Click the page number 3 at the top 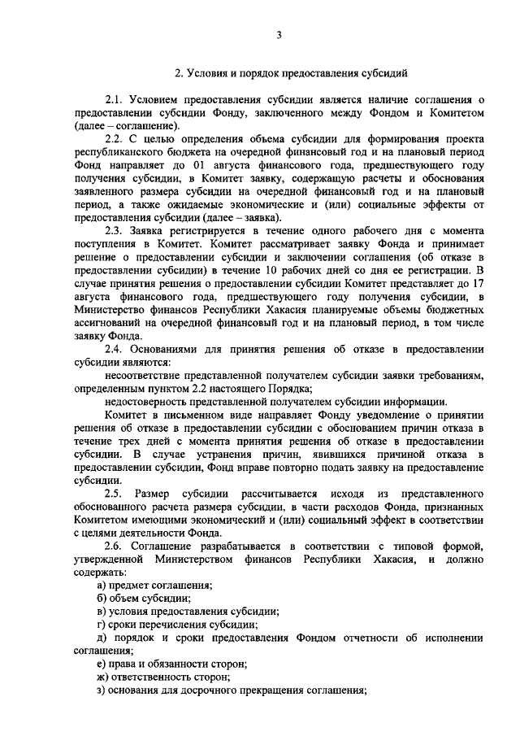coord(279,34)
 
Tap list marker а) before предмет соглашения coord(101,585)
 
